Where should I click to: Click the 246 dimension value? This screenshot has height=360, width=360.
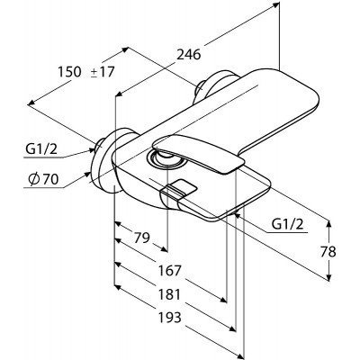[188, 55]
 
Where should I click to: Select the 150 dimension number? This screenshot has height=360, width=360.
[69, 72]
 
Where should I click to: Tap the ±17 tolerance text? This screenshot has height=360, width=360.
[103, 72]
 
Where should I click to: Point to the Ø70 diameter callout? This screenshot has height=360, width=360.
[43, 179]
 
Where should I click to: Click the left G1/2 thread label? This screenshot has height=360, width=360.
[41, 149]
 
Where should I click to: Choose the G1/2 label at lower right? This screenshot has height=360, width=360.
[287, 224]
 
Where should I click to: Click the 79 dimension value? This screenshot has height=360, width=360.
[141, 238]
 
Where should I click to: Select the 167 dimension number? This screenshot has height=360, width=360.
[170, 271]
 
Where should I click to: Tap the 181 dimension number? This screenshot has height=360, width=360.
[170, 294]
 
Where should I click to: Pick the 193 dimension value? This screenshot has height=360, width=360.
[170, 317]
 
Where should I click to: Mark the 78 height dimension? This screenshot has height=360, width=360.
[328, 252]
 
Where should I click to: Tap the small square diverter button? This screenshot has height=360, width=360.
[179, 188]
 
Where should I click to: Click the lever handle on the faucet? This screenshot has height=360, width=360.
[198, 153]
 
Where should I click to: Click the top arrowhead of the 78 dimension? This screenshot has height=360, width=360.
[329, 224]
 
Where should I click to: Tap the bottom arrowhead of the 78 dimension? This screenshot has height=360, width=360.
[329, 277]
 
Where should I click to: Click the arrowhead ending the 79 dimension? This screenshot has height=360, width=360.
[164, 248]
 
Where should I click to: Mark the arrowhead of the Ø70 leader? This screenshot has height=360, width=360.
[87, 174]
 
